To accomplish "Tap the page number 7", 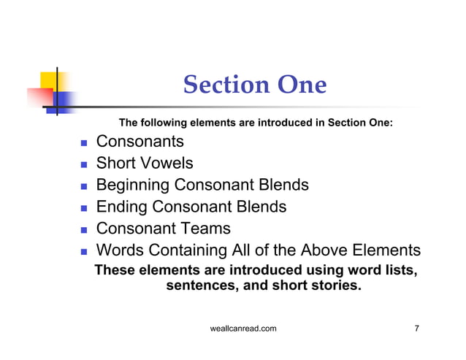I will click(x=416, y=329).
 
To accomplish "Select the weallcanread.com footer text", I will click(x=242, y=329).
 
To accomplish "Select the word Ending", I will click(x=121, y=207).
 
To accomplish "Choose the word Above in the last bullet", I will click(x=322, y=250).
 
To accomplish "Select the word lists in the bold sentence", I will click(x=397, y=270).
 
